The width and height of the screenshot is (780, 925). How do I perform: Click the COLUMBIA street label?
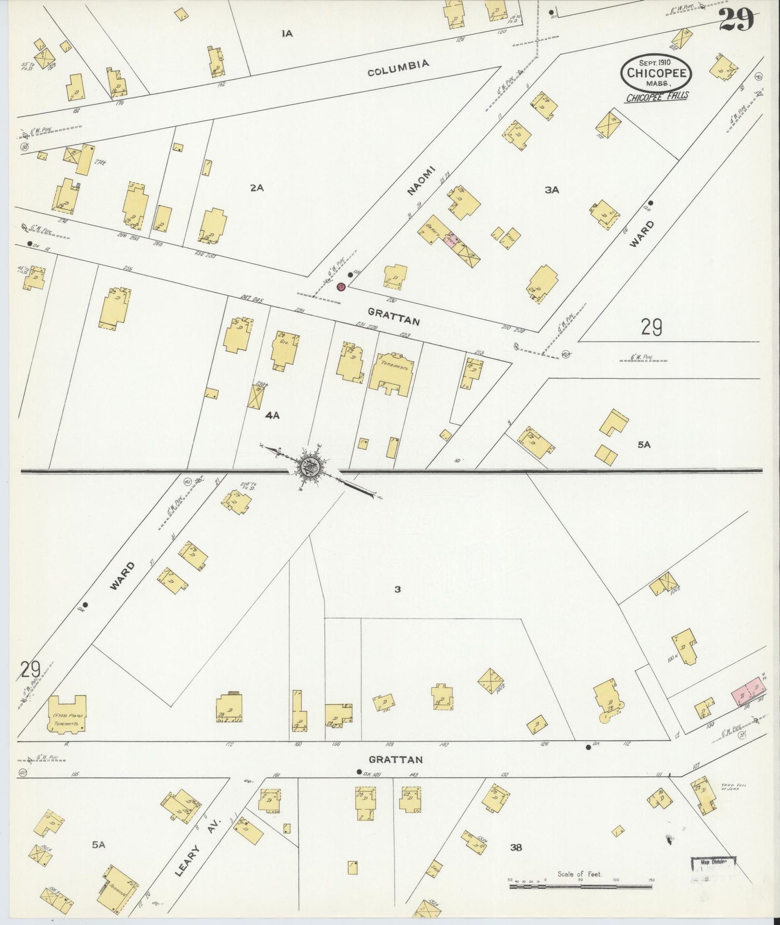pos(398,69)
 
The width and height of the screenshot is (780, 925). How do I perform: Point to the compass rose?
pos(312,464)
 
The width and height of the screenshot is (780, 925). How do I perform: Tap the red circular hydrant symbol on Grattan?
pos(341,287)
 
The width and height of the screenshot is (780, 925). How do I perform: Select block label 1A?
pos(287,33)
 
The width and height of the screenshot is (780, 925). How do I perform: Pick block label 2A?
pos(256,188)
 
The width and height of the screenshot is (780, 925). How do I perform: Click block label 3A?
pos(551,190)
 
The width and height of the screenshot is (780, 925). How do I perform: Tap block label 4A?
pos(272,415)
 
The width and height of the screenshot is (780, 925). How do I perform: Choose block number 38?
pos(516,848)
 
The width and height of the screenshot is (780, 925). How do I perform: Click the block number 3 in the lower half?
pos(397,589)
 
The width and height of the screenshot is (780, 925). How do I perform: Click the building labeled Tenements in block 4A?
pos(392,375)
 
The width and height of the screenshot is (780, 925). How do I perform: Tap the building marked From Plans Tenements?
pos(67,713)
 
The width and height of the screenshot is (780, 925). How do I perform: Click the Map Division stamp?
pos(714,868)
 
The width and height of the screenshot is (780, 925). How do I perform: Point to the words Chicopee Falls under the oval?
pos(657,97)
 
